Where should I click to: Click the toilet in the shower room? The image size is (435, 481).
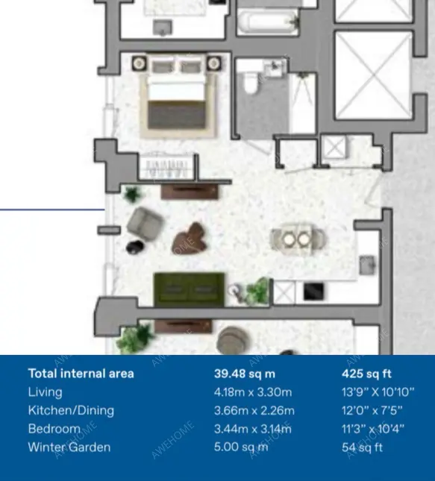coord(251,83)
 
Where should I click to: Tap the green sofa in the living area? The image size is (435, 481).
coord(189,289)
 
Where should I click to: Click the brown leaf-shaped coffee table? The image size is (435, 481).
coord(189,239)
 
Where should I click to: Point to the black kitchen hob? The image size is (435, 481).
coord(313,292)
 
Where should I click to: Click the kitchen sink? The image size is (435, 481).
coord(367,265)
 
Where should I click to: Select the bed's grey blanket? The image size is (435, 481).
coord(177,115)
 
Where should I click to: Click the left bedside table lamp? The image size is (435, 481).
coord(139,63)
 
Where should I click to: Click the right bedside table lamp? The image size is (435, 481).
coord(213,63)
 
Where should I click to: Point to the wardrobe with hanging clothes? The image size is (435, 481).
coord(168,167)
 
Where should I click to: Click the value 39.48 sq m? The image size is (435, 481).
coord(245,374)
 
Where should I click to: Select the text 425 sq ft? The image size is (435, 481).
coord(366,374)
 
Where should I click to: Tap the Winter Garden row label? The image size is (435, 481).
coord(69,447)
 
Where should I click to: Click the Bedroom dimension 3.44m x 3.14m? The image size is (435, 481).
coord(253,429)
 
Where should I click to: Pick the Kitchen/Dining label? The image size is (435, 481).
coord(71,410)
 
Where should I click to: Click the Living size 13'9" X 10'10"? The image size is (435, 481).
coord(378,392)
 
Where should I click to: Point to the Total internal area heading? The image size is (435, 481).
coord(81,374)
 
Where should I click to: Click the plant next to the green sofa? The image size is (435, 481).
coord(257,291)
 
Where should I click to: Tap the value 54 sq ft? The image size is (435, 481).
coord(362,447)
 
